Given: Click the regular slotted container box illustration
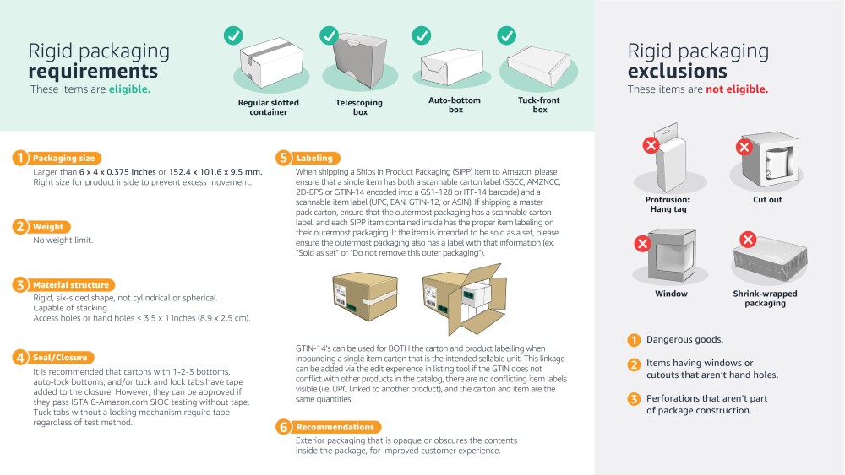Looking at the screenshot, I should pos(270,66).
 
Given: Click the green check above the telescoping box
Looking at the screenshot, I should pos(330,35).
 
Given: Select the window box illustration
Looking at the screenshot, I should pos(671,256).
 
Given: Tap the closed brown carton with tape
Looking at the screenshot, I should pos(364,303).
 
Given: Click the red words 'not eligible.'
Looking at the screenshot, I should pos(737,89).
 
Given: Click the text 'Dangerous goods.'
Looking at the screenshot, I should pos(684,340).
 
